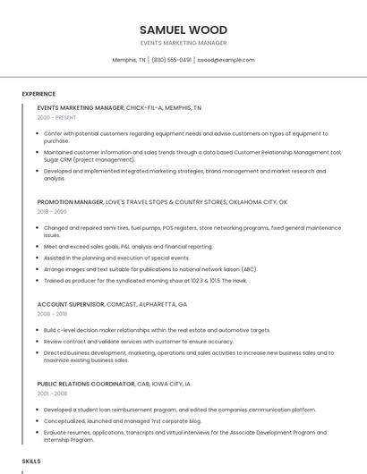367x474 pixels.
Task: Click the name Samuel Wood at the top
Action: coord(183,30)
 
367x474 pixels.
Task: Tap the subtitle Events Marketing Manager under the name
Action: coord(183,43)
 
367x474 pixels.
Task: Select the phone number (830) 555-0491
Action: coord(171,60)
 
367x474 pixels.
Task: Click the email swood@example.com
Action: coord(226,60)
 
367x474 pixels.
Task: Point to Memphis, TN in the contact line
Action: coord(129,60)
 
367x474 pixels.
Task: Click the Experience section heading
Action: coord(38,93)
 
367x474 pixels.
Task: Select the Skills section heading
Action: coord(31,461)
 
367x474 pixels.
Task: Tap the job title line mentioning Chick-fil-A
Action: coord(119,107)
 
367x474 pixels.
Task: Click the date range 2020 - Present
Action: coord(56,117)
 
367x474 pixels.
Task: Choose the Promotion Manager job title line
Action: coord(162,202)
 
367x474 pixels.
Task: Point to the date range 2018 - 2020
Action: coord(52,212)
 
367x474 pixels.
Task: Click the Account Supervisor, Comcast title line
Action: coord(112,304)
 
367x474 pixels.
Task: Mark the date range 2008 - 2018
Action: coord(52,314)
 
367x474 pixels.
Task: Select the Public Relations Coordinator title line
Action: coord(114,384)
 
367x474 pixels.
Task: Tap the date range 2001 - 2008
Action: coord(52,394)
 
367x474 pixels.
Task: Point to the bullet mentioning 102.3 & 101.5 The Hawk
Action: coord(145,281)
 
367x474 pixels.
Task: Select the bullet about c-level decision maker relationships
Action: coord(157,330)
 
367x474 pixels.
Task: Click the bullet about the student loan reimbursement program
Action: coord(179,410)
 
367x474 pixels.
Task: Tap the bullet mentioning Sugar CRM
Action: coord(192,156)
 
